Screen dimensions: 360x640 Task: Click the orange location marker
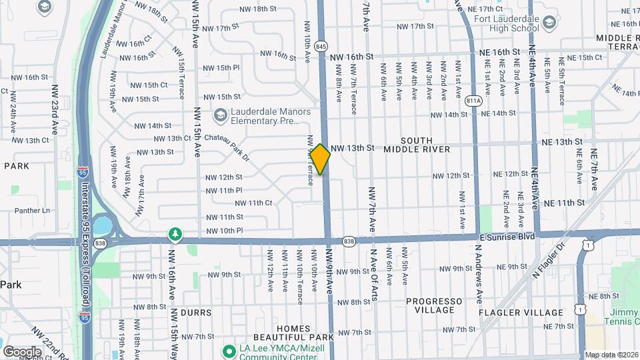click(x=321, y=159)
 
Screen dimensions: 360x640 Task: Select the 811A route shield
click(x=474, y=101)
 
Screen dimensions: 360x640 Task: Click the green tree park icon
click(x=175, y=234)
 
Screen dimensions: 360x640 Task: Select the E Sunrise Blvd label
click(x=507, y=236)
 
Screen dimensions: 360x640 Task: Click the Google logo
click(x=22, y=351)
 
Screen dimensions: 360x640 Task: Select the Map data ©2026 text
click(x=611, y=355)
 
